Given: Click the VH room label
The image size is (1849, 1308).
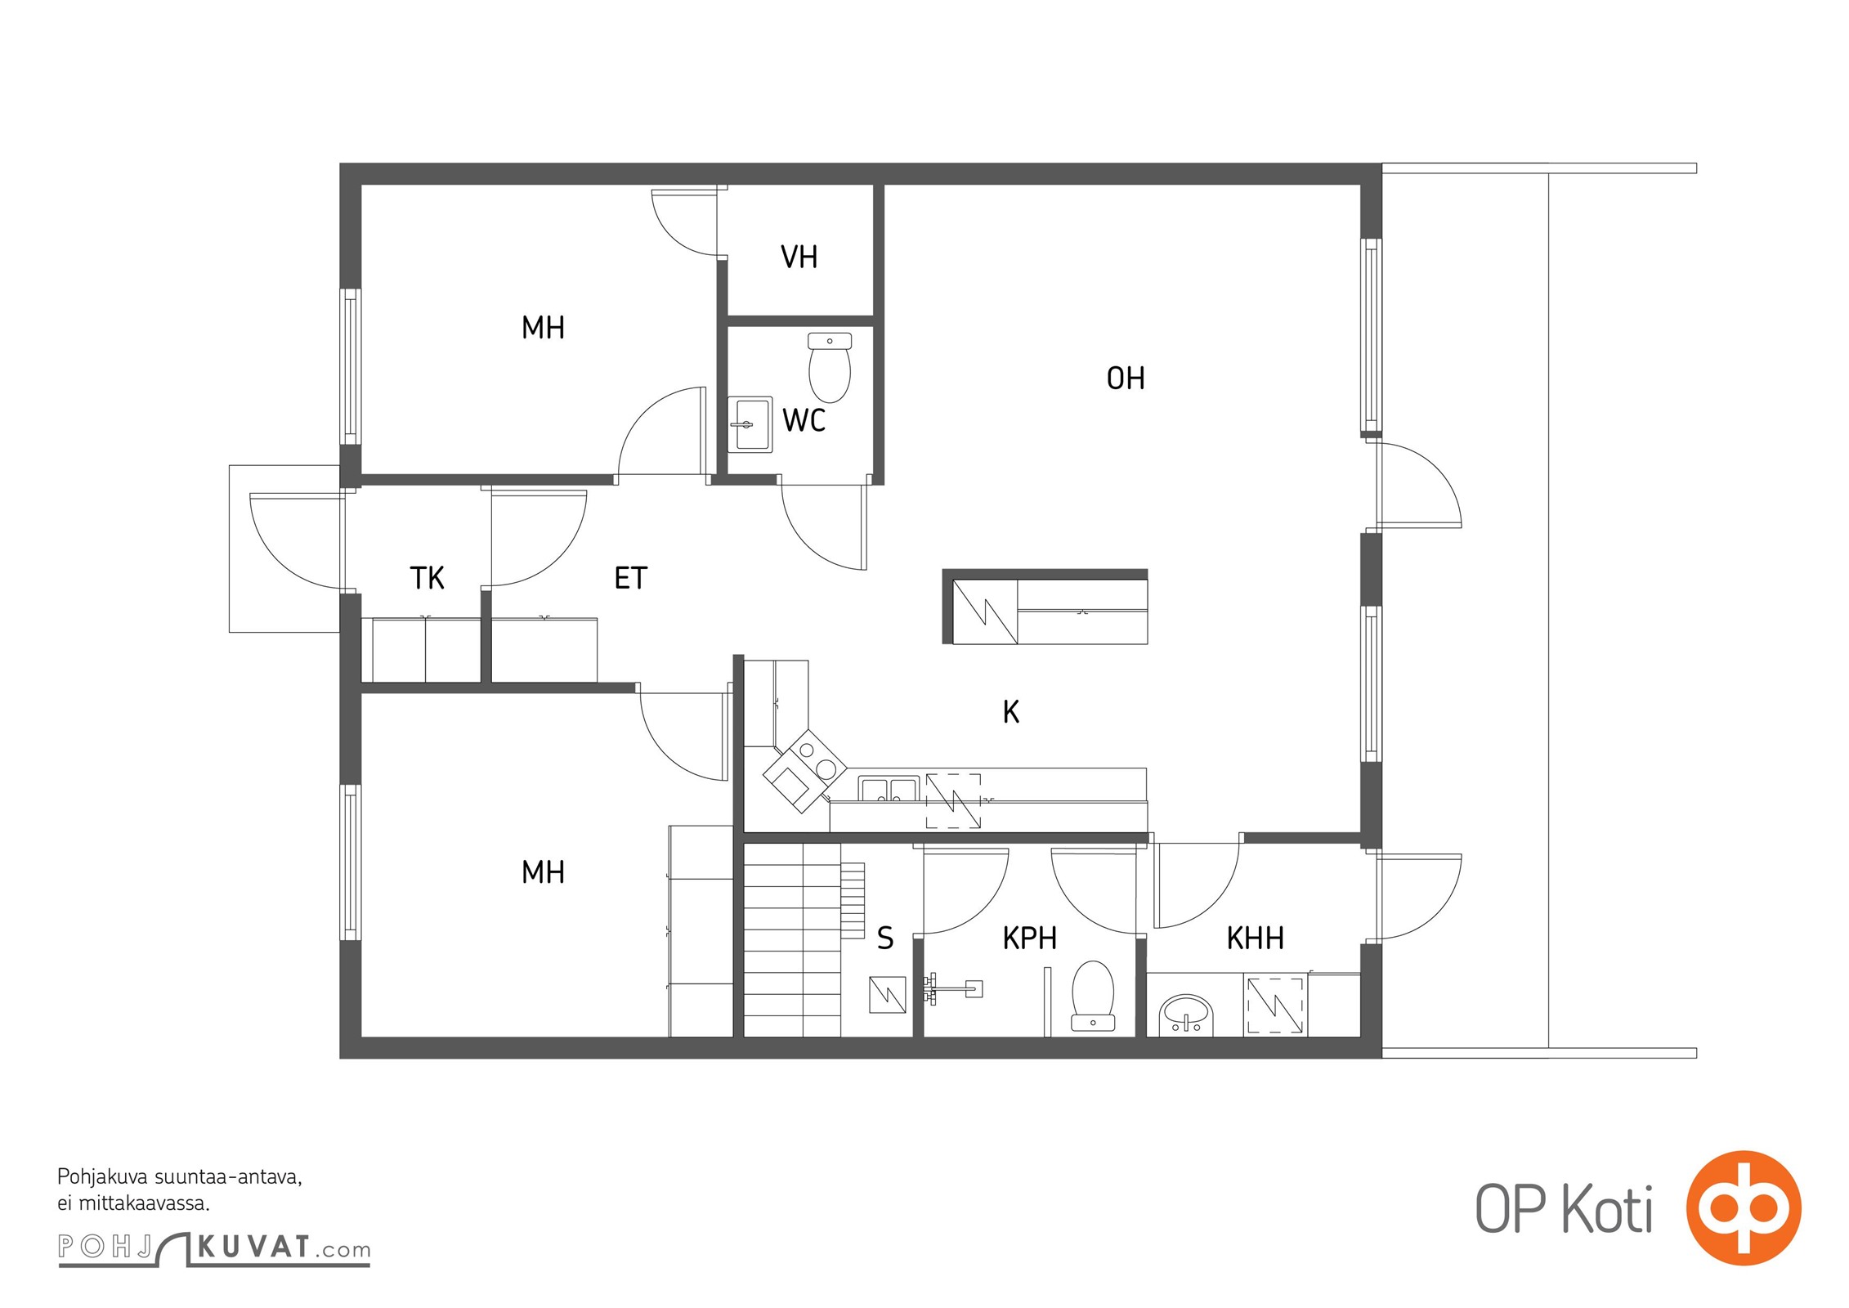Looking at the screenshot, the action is [x=799, y=257].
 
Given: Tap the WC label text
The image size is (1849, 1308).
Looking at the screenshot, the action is [x=804, y=420].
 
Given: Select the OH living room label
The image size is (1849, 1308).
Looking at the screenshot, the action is [x=1125, y=378].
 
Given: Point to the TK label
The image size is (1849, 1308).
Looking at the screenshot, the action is [x=427, y=578].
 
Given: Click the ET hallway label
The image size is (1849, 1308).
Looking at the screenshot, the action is [x=630, y=578].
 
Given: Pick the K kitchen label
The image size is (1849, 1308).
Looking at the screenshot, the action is [x=1011, y=712].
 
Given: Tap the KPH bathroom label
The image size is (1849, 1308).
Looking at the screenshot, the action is [x=1029, y=938].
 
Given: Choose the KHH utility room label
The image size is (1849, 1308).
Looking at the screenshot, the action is [x=1255, y=938].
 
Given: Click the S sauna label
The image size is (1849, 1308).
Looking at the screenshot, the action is [x=885, y=938].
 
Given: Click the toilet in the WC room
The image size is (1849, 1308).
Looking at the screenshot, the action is [x=829, y=367].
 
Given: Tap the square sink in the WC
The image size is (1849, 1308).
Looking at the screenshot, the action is [x=750, y=424].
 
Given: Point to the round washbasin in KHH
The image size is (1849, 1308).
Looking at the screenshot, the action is [x=1185, y=1015].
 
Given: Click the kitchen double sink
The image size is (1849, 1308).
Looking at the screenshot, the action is [x=889, y=789].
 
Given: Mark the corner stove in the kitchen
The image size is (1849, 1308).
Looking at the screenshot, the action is [x=805, y=771].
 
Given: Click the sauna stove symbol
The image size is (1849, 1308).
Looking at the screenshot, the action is [x=887, y=994].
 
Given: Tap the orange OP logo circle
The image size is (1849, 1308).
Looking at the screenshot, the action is [x=1744, y=1207].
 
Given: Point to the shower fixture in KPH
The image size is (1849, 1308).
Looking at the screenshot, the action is [x=952, y=989].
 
